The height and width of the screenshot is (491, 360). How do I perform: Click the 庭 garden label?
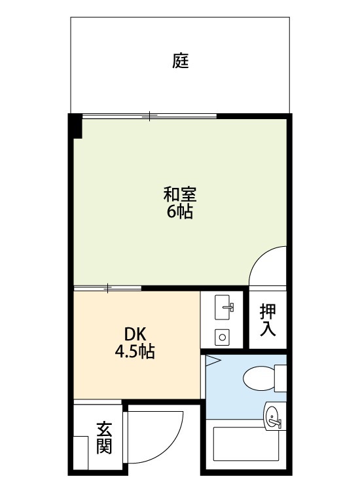181,61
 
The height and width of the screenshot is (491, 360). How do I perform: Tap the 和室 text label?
180,194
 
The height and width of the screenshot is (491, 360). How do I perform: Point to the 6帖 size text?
179,211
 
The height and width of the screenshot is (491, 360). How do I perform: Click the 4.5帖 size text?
135,352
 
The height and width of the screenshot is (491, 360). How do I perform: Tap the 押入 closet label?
268,320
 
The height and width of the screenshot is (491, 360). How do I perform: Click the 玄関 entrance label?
103,437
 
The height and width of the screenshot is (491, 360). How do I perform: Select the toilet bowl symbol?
259,378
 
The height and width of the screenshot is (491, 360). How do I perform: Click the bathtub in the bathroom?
246,444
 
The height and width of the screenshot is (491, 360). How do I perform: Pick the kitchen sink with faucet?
224,308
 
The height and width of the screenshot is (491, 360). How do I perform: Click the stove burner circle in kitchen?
223,337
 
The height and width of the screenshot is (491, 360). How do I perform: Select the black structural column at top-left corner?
75,126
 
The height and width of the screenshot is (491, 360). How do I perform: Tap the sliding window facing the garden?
149,116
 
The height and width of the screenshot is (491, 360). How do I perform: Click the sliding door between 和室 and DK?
107,288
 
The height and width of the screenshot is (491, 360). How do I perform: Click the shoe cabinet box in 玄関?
81,452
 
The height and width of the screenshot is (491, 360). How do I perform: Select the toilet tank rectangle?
281,378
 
